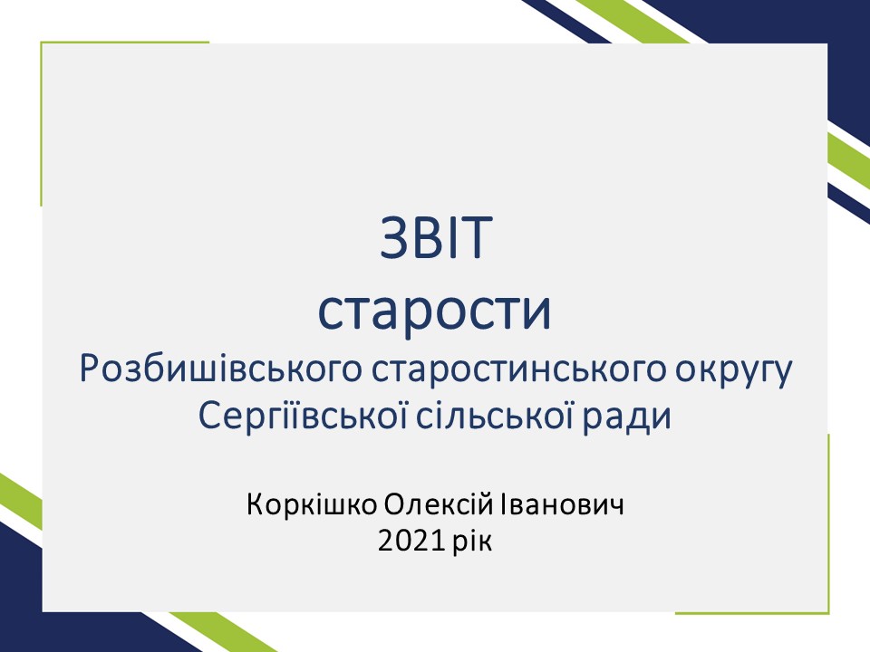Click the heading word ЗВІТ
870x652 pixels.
pyautogui.click(x=436, y=238)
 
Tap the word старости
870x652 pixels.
pyautogui.click(x=434, y=310)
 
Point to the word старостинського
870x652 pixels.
pyautogui.click(x=518, y=370)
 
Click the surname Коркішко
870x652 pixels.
pyautogui.click(x=312, y=504)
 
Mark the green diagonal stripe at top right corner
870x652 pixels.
pyautogui.click(x=633, y=21)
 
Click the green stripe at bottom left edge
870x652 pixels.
pyautogui.click(x=21, y=502)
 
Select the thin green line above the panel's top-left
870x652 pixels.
pyautogui.click(x=125, y=42)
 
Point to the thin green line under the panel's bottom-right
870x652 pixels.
pyautogui.click(x=752, y=613)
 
